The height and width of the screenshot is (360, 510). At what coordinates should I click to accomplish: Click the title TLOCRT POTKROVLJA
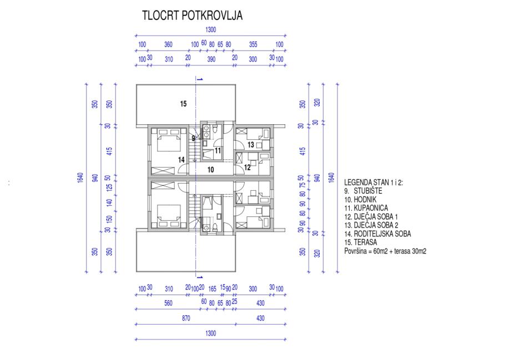click(x=192, y=16)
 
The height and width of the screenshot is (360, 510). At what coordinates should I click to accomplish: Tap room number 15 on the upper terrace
click(x=184, y=104)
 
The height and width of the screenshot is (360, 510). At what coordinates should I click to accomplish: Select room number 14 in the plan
click(x=181, y=160)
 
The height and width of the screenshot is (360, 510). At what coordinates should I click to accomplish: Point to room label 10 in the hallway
click(x=210, y=169)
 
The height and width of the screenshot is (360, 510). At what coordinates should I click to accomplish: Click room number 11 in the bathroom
click(x=218, y=150)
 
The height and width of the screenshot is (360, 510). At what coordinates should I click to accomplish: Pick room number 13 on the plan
click(x=250, y=145)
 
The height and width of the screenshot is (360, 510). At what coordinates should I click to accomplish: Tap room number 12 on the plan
click(x=247, y=168)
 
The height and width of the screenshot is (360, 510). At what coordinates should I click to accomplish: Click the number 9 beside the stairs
click(x=193, y=139)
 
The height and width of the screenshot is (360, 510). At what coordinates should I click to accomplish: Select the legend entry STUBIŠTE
click(x=368, y=191)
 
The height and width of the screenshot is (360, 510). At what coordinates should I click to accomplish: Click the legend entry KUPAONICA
click(x=371, y=208)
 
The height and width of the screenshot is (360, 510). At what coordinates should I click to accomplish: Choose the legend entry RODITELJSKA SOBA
click(x=382, y=234)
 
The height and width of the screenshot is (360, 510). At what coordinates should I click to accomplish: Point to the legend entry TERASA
click(x=365, y=242)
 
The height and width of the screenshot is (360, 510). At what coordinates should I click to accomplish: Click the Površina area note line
click(x=385, y=251)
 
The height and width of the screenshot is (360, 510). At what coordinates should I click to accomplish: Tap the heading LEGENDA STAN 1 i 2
click(x=373, y=182)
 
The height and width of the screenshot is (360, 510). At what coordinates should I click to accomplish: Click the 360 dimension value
click(x=168, y=44)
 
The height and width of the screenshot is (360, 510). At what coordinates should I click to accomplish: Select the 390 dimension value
click(x=211, y=59)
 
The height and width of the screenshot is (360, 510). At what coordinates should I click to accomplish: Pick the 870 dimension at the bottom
click(x=186, y=318)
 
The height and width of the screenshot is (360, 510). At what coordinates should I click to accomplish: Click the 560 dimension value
click(x=168, y=303)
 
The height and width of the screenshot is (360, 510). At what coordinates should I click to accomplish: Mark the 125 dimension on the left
click(x=110, y=187)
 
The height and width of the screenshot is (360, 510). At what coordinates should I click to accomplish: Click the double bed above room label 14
click(x=169, y=140)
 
